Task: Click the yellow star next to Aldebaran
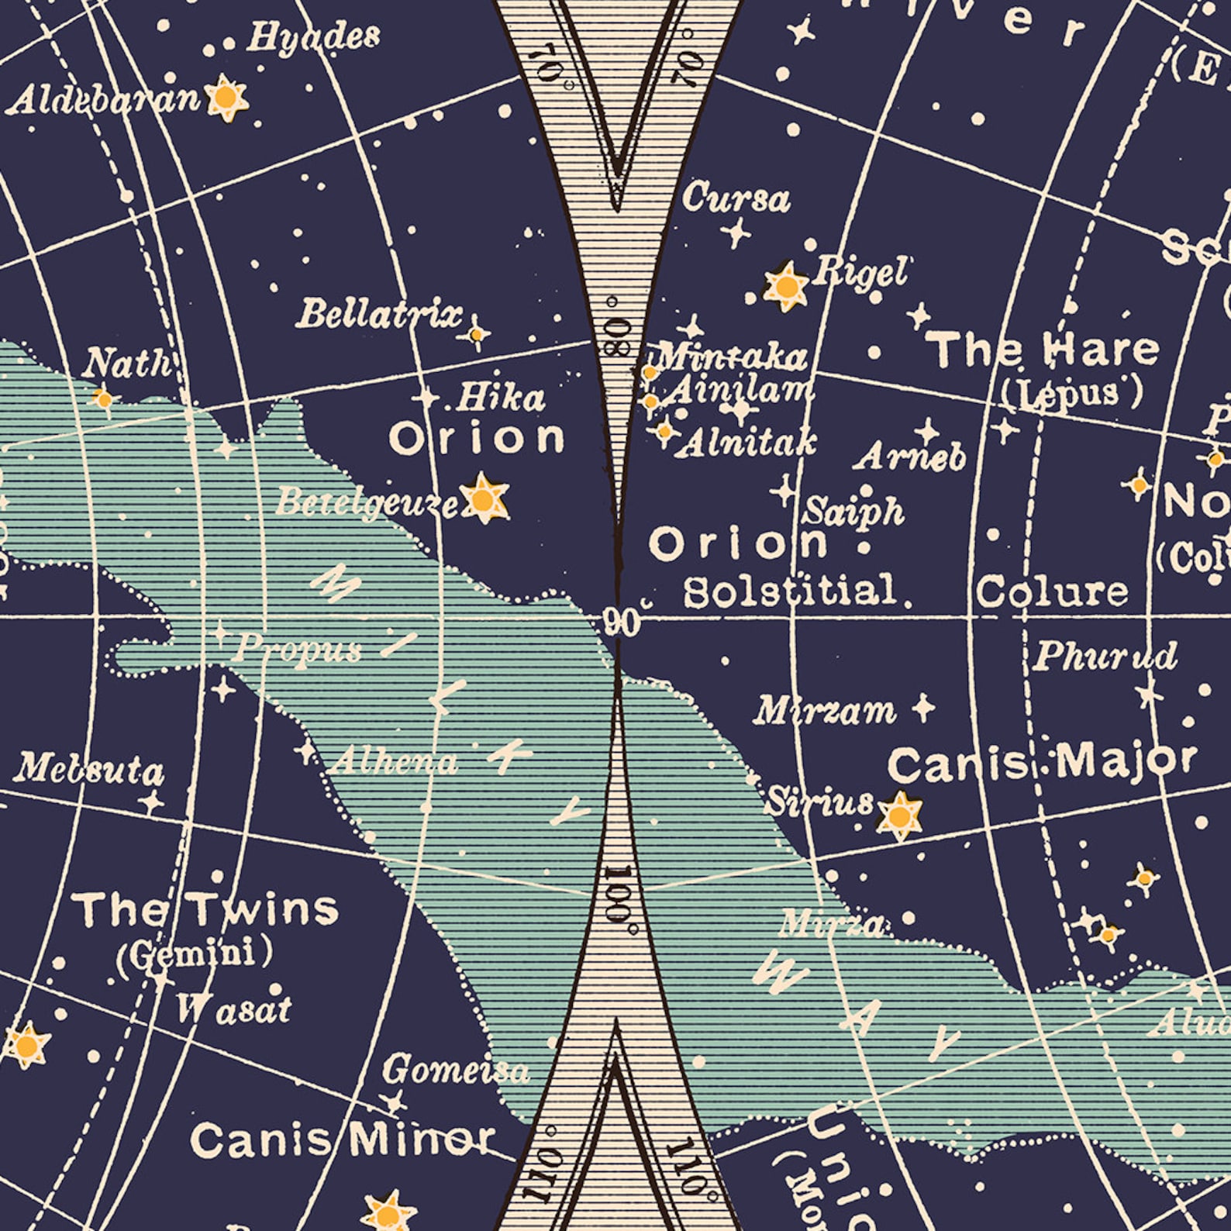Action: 226,98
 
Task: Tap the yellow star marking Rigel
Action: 786,287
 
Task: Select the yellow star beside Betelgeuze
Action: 484,498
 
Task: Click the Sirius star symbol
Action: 899,815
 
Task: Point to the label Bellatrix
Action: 378,314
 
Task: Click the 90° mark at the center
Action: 622,622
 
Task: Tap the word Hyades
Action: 313,36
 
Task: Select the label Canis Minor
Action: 342,1140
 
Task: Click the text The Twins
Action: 205,909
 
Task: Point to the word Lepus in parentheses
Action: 1071,394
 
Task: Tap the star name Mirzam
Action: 824,710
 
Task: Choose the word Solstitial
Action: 789,591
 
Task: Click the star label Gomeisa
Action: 455,1070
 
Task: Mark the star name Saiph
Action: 853,512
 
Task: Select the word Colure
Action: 1051,592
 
